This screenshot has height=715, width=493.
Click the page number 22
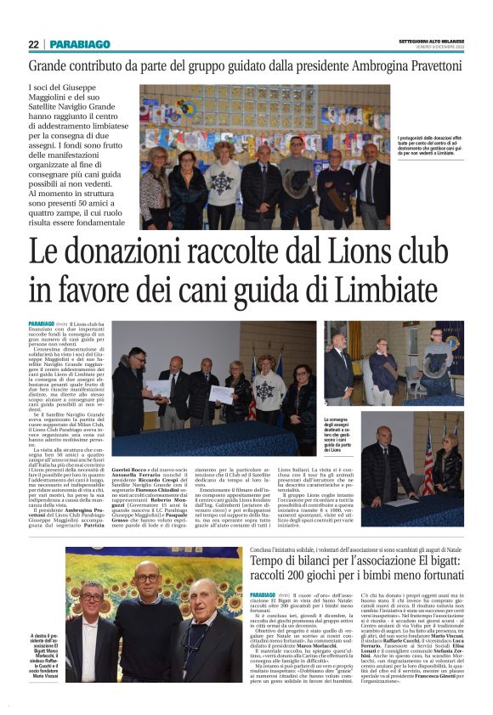coord(33,44)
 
